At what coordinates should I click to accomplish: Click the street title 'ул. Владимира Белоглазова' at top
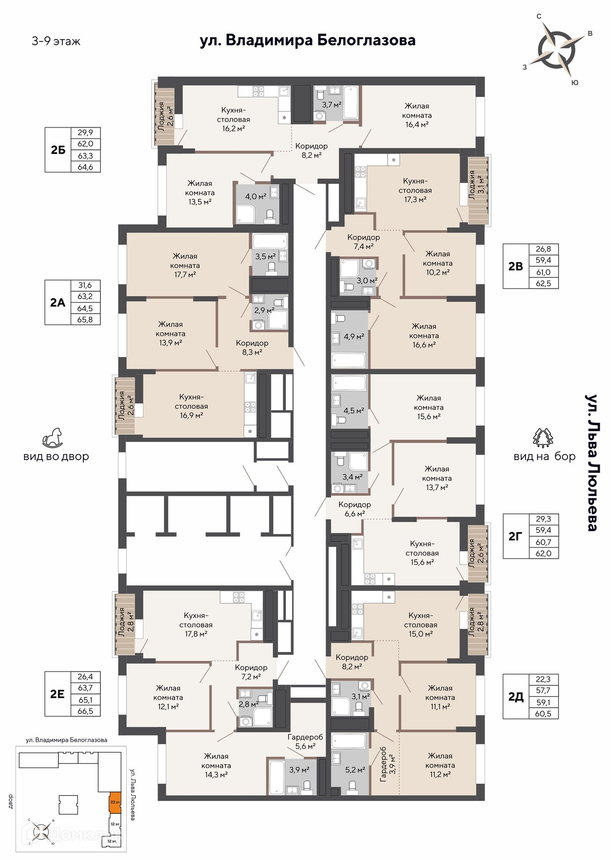click(307, 40)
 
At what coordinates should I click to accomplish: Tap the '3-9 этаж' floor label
click(56, 42)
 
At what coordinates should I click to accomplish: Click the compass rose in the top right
click(557, 49)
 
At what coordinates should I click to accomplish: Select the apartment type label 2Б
click(58, 150)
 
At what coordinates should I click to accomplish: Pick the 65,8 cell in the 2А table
click(85, 319)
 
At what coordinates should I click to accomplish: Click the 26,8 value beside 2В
click(543, 249)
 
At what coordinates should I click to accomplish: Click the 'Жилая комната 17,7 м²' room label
click(185, 265)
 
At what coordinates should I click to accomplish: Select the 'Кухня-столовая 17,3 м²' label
click(415, 190)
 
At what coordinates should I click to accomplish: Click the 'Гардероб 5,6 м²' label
click(305, 741)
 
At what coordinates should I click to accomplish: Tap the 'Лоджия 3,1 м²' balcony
click(478, 190)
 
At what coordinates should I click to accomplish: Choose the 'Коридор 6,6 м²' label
click(354, 509)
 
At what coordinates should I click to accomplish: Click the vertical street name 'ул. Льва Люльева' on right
click(591, 462)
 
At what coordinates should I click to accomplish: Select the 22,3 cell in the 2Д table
click(543, 679)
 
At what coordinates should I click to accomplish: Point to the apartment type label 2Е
click(57, 694)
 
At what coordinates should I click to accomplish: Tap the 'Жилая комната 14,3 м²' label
click(216, 765)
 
